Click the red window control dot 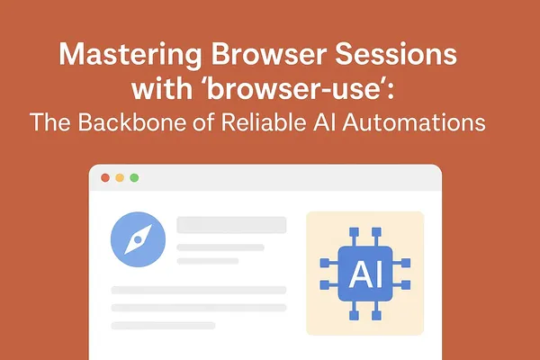(105, 178)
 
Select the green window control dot (134, 178)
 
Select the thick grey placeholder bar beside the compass (231, 225)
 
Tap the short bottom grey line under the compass (163, 325)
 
